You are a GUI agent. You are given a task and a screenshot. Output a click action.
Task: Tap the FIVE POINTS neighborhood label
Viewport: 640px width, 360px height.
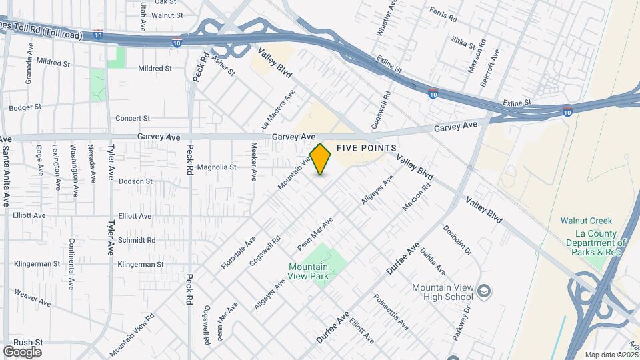coord(367,147)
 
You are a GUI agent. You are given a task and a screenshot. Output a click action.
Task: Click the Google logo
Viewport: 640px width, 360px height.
coord(22,351)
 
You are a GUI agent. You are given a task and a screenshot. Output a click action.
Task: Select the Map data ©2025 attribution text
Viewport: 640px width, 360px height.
coord(611,355)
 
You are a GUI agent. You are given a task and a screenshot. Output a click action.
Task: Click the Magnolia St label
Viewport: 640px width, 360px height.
coord(217,167)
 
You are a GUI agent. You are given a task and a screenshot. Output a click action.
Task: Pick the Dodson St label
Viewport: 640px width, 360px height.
coord(135,181)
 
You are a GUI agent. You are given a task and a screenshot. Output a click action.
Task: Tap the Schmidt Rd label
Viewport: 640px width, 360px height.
coord(136,240)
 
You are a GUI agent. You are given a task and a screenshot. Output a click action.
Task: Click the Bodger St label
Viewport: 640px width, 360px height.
coord(25,107)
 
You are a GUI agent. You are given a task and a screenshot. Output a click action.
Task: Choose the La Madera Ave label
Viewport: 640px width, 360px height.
coord(277,109)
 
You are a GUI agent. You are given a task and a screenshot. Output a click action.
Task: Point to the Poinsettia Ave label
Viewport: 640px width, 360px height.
coord(391,311)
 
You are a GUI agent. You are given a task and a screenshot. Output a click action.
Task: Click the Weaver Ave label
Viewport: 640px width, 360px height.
coord(32,297)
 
